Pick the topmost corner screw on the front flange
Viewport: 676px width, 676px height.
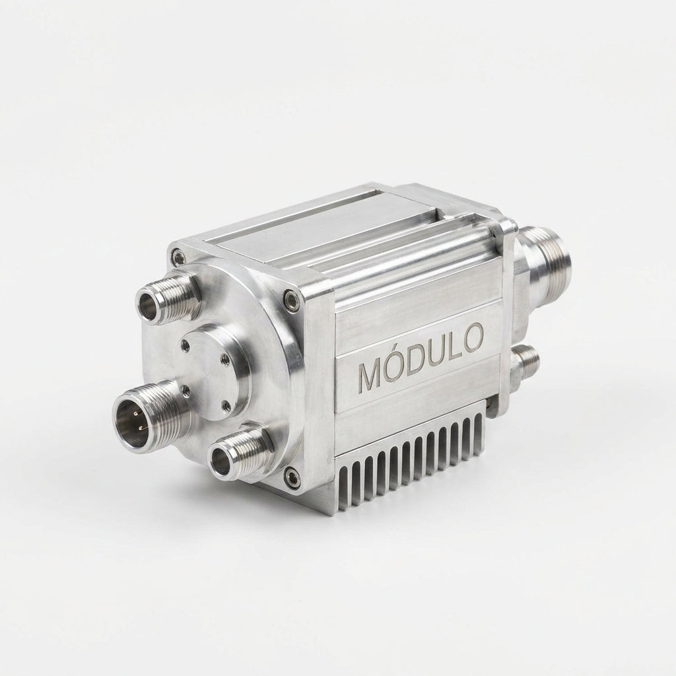pos(177,256)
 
